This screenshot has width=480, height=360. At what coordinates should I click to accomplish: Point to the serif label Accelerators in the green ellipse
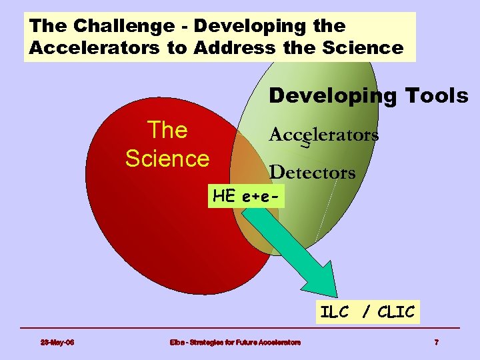323,135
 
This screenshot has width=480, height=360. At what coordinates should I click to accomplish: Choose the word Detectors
312,173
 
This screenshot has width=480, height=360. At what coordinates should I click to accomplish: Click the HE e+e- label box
246,196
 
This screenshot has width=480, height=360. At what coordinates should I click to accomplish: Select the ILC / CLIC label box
367,312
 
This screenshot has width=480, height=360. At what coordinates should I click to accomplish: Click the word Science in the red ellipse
167,159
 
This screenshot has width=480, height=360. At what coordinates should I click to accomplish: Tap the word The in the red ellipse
167,130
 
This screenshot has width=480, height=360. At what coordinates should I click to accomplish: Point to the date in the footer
57,343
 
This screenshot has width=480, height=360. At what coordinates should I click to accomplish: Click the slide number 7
436,343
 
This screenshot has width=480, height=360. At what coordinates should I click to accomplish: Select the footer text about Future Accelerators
235,343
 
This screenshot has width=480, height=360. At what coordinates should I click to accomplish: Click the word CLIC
395,312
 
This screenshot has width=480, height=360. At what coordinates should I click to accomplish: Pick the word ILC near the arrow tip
335,312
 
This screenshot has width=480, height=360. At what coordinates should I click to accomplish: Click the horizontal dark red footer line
240,328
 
